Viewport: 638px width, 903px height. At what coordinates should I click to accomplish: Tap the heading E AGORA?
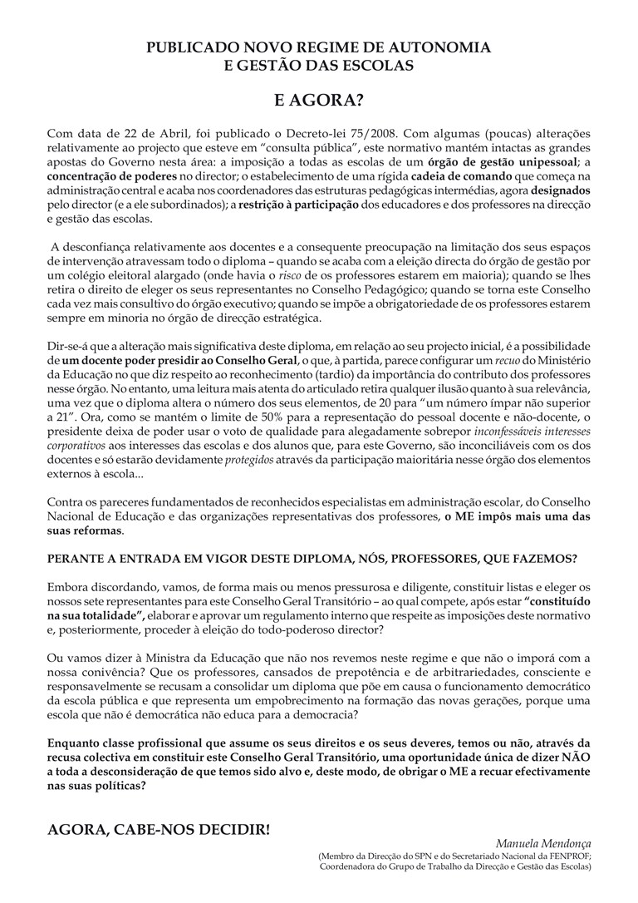click(319, 101)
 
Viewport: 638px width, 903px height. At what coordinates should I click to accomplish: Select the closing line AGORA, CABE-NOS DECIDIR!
click(159, 829)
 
